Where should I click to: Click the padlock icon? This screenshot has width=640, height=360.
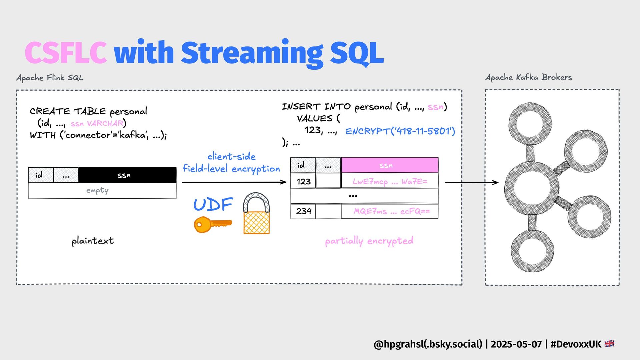click(256, 214)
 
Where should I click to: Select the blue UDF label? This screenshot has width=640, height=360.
click(213, 204)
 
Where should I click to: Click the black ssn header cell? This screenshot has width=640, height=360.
click(127, 175)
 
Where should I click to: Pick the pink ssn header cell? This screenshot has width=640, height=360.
click(389, 165)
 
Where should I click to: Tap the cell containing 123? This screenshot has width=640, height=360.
click(303, 181)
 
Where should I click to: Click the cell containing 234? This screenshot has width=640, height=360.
click(303, 211)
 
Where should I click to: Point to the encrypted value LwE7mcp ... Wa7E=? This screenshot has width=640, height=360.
click(389, 181)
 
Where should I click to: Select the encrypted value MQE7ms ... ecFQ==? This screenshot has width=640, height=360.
click(391, 211)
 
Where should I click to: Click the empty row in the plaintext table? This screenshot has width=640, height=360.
click(102, 191)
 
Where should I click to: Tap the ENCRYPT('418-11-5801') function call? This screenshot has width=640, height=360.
click(400, 131)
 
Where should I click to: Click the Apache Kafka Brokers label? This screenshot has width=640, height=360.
click(529, 77)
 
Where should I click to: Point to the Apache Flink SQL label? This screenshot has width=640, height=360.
click(50, 78)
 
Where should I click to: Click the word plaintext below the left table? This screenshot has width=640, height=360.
click(93, 241)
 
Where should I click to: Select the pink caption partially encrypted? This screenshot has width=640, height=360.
click(369, 241)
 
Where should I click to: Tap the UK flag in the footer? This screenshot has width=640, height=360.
click(609, 344)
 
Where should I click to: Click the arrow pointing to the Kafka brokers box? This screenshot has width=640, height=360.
click(472, 182)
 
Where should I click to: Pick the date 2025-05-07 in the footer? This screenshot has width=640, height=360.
click(516, 344)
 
